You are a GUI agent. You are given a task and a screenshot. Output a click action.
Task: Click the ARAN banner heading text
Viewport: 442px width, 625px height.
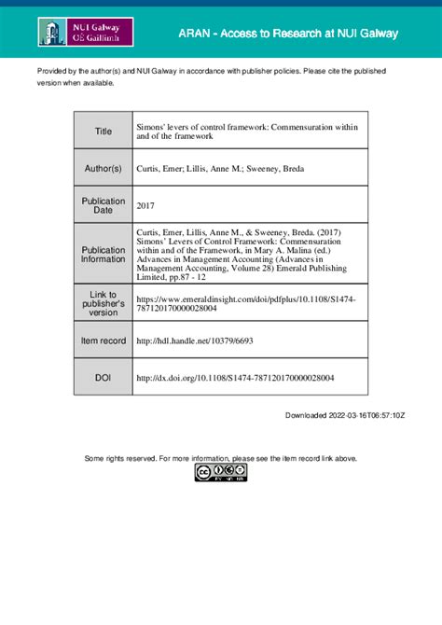coord(288,34)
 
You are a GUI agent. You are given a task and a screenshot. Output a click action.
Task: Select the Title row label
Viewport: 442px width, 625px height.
coord(103,132)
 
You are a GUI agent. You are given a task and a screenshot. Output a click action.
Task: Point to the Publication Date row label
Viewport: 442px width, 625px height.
coord(103,206)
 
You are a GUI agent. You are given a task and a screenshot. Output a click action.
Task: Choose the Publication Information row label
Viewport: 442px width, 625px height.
coord(103,255)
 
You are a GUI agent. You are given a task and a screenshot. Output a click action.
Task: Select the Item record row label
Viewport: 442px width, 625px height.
coord(103,340)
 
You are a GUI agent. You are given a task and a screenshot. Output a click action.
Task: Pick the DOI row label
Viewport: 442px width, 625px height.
coord(103,378)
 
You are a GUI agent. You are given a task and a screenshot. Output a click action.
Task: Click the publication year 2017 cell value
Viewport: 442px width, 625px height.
coord(146,206)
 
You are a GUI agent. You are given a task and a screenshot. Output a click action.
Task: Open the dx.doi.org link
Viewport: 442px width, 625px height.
coord(235,378)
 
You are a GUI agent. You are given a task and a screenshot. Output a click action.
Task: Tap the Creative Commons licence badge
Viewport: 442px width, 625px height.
coord(220,473)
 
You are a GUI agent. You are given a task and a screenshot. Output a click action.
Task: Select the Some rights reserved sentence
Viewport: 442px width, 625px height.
coord(220,458)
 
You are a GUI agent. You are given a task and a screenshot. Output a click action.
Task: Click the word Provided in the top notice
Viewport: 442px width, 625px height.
coord(52,71)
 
